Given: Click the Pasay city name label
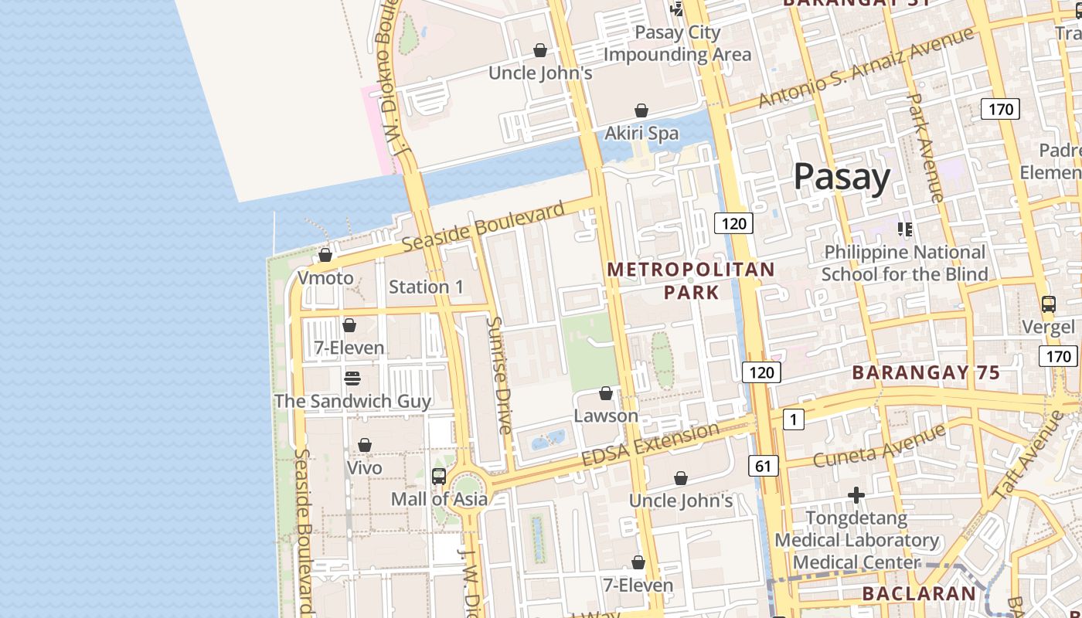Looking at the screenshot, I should [842, 177].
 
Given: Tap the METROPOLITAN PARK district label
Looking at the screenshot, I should [690, 280].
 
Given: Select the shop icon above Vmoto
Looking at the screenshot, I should [325, 255].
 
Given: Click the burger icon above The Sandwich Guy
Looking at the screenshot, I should [352, 378].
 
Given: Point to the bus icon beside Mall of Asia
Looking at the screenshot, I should [439, 476].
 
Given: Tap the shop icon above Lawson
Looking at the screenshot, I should [606, 394].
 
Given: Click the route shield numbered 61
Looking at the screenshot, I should [763, 466].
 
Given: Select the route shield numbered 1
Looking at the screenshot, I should [793, 419].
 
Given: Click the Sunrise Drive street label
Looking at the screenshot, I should [501, 374].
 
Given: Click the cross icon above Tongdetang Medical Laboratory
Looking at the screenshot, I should [856, 494].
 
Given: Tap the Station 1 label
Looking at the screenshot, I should [426, 287].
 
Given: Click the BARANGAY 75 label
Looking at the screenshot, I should [926, 372].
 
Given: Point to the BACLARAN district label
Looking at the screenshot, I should [919, 593].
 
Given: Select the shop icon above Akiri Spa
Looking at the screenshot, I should [641, 110].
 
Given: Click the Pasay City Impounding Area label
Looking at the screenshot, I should [677, 43].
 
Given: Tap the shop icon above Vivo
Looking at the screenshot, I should [364, 445].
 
